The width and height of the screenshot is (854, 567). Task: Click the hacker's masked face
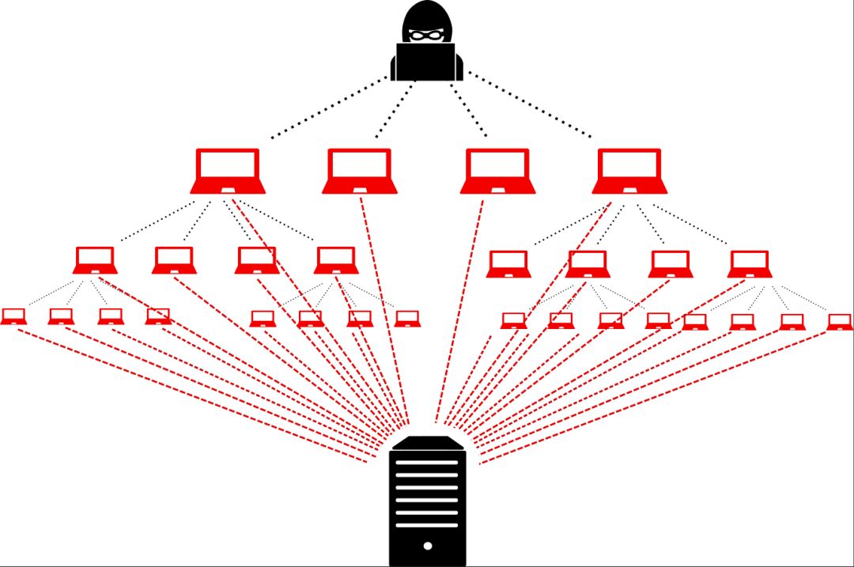(426, 35)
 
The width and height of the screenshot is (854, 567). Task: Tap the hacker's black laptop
(426, 62)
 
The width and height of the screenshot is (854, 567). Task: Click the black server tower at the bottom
(428, 506)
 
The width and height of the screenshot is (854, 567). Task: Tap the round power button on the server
(428, 546)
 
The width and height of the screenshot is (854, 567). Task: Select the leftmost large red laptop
(228, 170)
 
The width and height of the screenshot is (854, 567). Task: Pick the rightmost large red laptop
(630, 170)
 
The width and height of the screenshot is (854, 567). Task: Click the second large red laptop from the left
(360, 170)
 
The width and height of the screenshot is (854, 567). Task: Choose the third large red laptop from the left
(498, 170)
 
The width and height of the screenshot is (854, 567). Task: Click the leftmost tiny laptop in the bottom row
(13, 316)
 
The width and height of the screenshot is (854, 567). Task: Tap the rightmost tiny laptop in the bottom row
(840, 321)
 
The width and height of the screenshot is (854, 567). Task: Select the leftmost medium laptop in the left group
(96, 260)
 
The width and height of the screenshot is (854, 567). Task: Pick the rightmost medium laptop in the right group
(750, 264)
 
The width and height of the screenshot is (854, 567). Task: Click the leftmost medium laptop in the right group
(508, 264)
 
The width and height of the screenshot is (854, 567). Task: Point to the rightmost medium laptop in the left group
(335, 260)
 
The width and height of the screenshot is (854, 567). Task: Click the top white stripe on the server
(427, 463)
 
